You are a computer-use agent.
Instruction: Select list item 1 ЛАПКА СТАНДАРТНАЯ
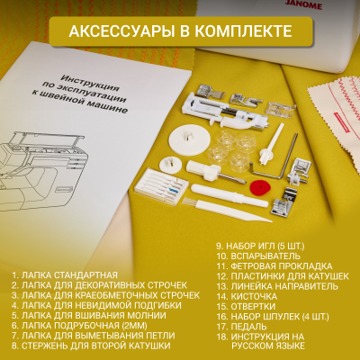tap(64, 274)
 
